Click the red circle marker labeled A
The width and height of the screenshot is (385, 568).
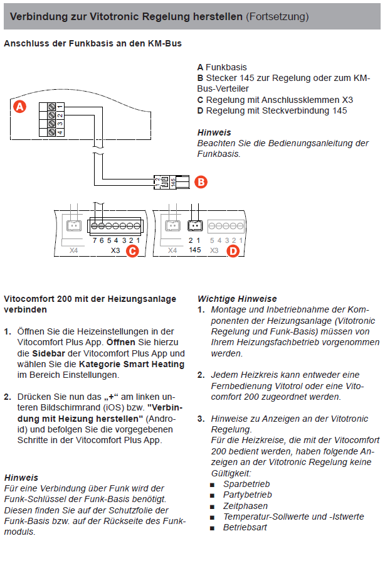tap(20, 107)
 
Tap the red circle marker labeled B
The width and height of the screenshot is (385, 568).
tap(200, 182)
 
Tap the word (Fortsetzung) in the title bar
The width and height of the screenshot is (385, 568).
tap(277, 16)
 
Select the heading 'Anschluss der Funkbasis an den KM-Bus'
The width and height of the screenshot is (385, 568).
tap(93, 45)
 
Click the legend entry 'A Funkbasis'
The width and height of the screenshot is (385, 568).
tap(222, 67)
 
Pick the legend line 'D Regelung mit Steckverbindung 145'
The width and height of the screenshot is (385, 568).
tap(272, 110)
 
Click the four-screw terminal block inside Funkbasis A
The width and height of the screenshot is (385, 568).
tap(55, 119)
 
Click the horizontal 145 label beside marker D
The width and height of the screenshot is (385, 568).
tap(194, 250)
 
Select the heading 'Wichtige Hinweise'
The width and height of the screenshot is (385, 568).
tap(236, 299)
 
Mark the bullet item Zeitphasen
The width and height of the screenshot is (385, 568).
tap(245, 506)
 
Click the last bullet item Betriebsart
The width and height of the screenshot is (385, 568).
tap(245, 527)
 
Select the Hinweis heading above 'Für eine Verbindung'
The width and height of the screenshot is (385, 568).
tap(21, 478)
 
